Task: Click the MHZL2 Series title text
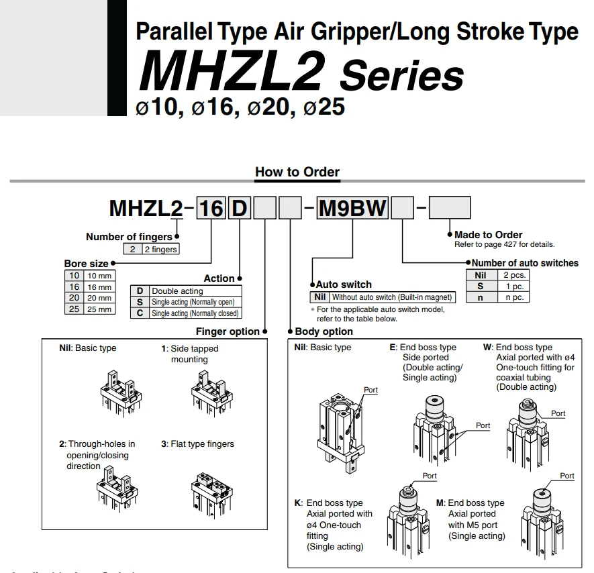[x=300, y=74]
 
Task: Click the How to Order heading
[x=297, y=172]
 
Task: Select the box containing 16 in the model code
[x=211, y=208]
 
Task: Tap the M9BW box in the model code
[x=352, y=208]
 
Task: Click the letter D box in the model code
[x=240, y=208]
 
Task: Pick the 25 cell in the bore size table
[x=74, y=309]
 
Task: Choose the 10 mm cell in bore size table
[x=99, y=276]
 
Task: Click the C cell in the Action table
[x=140, y=313]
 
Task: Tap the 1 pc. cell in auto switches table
[x=514, y=286]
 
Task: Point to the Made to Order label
[x=488, y=235]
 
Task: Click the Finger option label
[x=227, y=331]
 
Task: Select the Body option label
[x=324, y=331]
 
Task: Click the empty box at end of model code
[x=450, y=208]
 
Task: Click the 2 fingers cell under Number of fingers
[x=160, y=250]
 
